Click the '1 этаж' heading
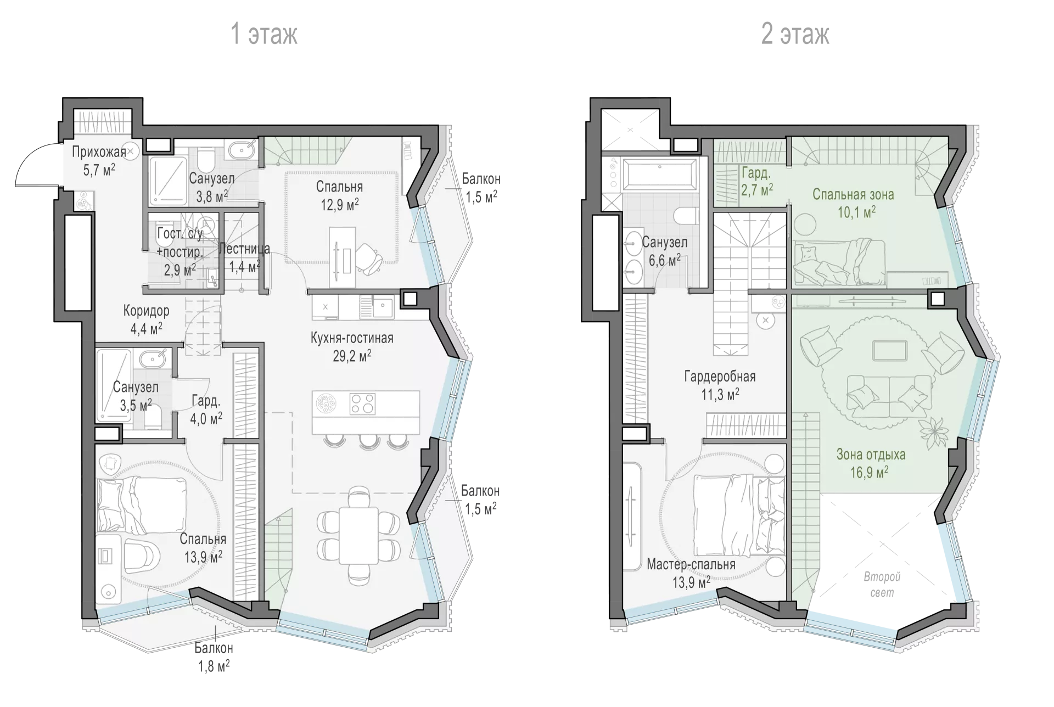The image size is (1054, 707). tap(264, 34)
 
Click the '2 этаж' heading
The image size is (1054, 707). tap(795, 34)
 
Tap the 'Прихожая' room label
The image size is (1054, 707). tap(99, 151)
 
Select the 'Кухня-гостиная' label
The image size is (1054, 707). tap(352, 338)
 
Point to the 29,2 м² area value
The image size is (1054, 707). tap(352, 356)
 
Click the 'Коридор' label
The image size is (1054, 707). tap(146, 311)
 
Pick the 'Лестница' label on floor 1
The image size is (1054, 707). tap(244, 249)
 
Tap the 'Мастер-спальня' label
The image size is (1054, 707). tap(691, 564)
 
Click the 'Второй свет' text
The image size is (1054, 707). tap(882, 585)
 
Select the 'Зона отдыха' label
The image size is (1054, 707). tap(871, 454)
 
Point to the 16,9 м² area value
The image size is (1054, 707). tap(870, 472)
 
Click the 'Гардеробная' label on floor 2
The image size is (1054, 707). tap(720, 377)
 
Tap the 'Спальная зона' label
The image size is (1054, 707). tap(853, 194)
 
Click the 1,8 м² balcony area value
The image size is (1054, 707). tap(212, 667)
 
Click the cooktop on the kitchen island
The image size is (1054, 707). tap(362, 403)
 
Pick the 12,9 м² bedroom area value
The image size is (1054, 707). tap(340, 205)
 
